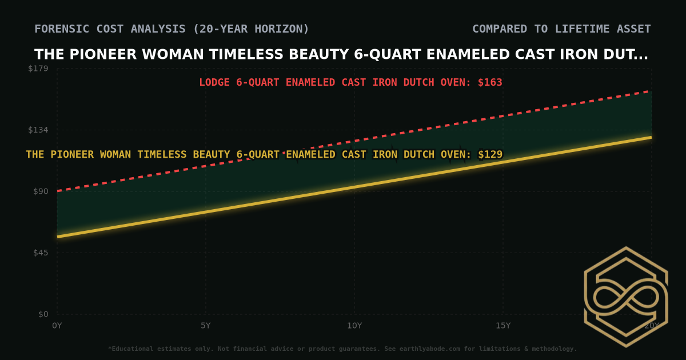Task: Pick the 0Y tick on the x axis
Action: [57, 326]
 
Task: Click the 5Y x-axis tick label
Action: [206, 326]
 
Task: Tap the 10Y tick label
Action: [354, 326]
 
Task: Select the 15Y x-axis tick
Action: [503, 326]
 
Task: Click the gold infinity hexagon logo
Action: [626, 297]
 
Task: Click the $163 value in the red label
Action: [490, 82]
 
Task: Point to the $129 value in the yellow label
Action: [490, 154]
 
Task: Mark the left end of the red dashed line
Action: [58, 190]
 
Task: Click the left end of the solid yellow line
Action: [58, 236]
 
